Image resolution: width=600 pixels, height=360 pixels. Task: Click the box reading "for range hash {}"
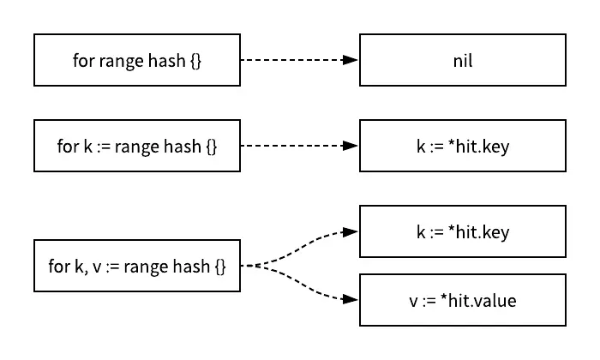pyautogui.click(x=137, y=60)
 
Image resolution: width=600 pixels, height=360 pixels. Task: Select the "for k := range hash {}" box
pyautogui.click(x=137, y=146)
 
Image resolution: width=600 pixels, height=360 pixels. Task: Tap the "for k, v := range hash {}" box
pyautogui.click(x=137, y=266)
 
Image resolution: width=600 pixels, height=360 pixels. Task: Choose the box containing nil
pyautogui.click(x=463, y=60)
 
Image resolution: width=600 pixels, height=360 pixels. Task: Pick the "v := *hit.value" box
pyautogui.click(x=463, y=300)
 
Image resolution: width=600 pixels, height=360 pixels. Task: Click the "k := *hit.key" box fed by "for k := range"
pyautogui.click(x=463, y=146)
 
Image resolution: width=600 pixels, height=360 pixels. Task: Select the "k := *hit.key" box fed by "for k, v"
pyautogui.click(x=463, y=231)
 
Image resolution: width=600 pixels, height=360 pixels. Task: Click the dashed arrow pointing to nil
pyautogui.click(x=296, y=60)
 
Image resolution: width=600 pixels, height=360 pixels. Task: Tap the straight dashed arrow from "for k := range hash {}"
pyautogui.click(x=296, y=146)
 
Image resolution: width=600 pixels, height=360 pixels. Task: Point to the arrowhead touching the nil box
pyautogui.click(x=351, y=60)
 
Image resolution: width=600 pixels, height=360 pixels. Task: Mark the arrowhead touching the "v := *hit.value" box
pyautogui.click(x=351, y=300)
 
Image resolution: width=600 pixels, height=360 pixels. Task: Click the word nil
pyautogui.click(x=463, y=61)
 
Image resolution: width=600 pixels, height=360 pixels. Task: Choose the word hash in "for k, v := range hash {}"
pyautogui.click(x=189, y=267)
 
